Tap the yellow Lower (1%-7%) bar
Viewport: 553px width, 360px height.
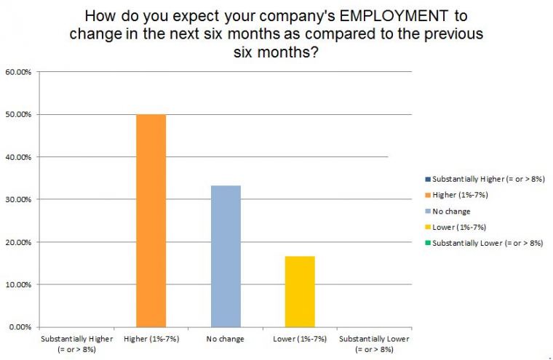pos(301,291)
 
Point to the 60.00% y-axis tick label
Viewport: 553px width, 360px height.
pos(17,72)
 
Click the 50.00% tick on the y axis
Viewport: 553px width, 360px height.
pos(17,115)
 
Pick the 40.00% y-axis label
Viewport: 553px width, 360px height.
pos(17,157)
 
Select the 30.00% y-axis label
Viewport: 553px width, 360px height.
pos(17,199)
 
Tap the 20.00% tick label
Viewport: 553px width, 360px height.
pos(17,242)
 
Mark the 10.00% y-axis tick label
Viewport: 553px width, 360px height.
pos(17,284)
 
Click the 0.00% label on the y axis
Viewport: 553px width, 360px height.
pos(20,327)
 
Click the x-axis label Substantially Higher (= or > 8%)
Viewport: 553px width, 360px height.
pos(76,344)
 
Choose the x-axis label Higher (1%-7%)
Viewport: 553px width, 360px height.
pos(151,339)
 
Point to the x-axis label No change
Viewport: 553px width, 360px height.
pos(226,339)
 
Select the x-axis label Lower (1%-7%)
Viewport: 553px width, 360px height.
pos(301,339)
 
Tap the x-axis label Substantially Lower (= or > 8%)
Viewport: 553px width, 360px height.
pos(375,344)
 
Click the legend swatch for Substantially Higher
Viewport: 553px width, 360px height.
pos(427,179)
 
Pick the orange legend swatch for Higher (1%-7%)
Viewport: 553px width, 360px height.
pos(427,195)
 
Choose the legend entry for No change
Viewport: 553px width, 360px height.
pos(451,211)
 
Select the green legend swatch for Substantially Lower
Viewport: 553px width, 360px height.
pos(427,243)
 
